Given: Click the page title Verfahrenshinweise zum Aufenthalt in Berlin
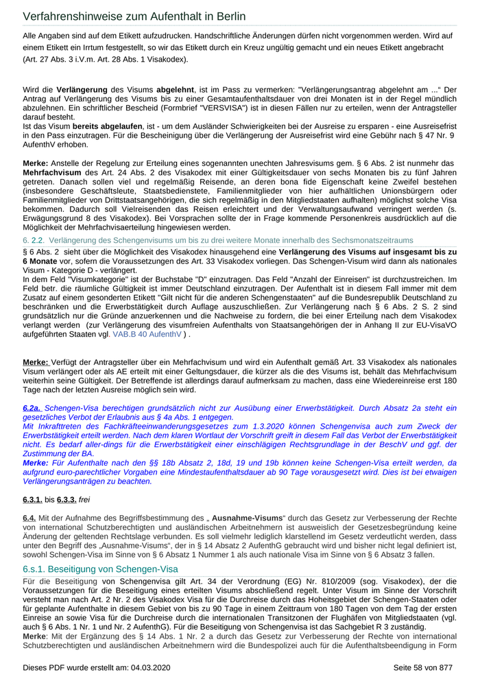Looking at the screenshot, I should click(x=134, y=16).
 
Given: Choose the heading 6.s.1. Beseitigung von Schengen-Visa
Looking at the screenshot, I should click(x=100, y=569).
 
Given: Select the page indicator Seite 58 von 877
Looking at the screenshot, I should click(x=423, y=667).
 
